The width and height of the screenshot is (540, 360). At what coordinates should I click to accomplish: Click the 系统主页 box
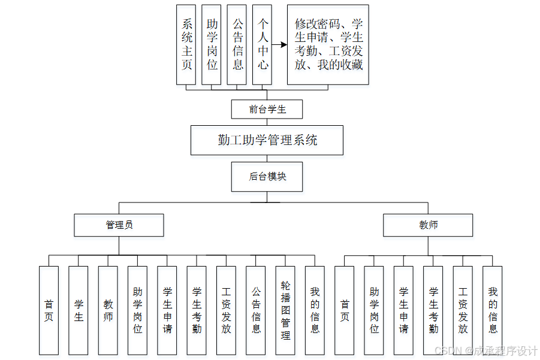click(186, 45)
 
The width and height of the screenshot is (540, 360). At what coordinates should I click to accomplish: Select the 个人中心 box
click(262, 45)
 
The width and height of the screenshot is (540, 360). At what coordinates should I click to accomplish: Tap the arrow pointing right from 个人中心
click(279, 45)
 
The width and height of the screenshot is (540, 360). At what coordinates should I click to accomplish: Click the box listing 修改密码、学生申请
click(328, 45)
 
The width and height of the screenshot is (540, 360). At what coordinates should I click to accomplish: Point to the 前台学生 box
click(267, 109)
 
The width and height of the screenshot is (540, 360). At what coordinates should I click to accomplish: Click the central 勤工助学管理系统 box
click(267, 140)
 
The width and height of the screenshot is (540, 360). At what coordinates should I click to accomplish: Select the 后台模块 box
click(267, 177)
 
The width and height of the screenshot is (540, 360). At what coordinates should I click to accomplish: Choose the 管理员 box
click(119, 225)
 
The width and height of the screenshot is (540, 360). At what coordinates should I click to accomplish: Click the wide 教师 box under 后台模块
click(428, 225)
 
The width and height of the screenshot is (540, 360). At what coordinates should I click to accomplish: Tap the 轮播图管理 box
click(285, 310)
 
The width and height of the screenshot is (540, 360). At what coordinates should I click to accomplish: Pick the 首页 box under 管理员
click(49, 310)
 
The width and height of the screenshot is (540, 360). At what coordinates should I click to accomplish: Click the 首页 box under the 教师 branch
click(344, 310)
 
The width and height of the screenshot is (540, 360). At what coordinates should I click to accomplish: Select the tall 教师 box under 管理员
click(108, 310)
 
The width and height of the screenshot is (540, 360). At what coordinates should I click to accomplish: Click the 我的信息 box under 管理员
click(315, 310)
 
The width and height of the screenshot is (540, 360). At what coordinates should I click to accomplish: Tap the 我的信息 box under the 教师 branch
click(492, 310)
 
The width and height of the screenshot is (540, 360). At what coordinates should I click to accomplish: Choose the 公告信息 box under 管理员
click(255, 310)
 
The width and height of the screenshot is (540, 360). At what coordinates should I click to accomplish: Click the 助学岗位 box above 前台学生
click(212, 45)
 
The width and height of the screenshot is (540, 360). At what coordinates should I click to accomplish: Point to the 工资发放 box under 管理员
click(226, 310)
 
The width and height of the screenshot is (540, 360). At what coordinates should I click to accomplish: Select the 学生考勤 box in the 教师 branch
click(433, 310)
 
